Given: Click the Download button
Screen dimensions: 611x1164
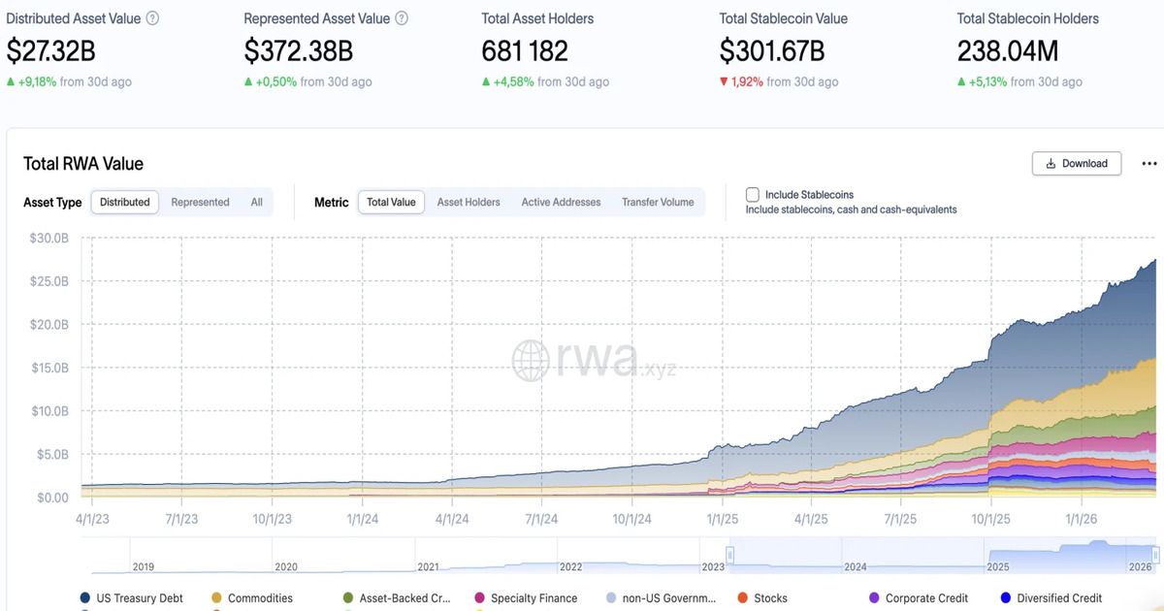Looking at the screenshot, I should [1077, 163].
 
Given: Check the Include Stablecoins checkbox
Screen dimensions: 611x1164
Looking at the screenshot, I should [753, 195].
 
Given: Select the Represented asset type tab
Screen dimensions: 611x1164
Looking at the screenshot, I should [200, 202].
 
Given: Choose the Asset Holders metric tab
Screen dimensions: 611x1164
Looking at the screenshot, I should [469, 202].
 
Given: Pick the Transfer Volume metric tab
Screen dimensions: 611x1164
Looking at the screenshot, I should [658, 202].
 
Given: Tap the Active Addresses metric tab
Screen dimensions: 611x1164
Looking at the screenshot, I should [561, 202].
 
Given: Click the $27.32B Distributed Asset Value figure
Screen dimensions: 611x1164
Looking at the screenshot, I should [51, 50].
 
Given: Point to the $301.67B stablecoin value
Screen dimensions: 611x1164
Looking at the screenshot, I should [771, 50].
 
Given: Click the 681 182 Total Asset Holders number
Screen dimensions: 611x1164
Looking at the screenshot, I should [525, 50].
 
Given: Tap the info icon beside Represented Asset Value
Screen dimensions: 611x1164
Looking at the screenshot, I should [402, 18].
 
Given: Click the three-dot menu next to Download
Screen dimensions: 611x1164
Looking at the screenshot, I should [1149, 163].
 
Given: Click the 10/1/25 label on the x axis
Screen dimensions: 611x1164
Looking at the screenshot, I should [990, 519].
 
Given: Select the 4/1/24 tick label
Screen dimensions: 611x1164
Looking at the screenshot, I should [452, 519].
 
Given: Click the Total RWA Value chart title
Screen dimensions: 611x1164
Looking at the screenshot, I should [83, 163].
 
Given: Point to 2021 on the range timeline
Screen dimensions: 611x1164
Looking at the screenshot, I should [428, 566].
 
